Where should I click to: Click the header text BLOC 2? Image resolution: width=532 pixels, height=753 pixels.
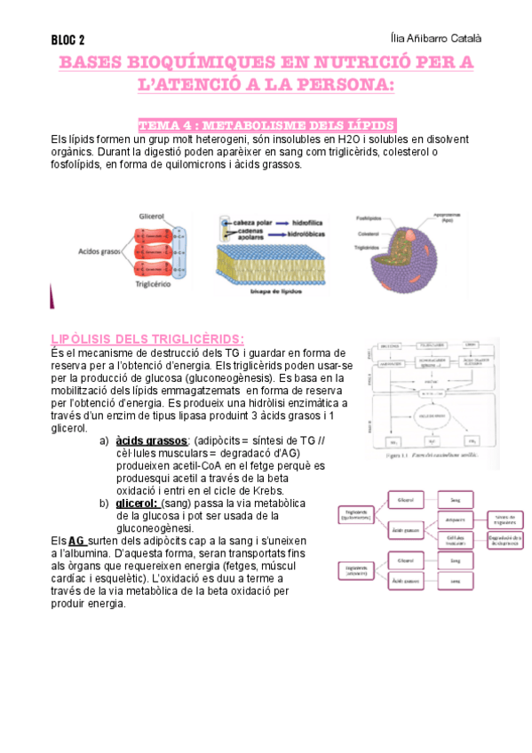tap(68, 40)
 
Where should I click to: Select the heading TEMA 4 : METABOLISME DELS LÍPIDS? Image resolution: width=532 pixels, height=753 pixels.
tap(266, 125)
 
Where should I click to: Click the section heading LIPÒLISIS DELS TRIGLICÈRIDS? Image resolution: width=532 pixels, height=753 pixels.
tap(147, 339)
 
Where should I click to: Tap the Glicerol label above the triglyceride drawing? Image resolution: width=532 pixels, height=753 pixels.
tap(153, 216)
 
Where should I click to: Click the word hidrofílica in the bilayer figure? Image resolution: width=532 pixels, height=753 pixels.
tap(313, 221)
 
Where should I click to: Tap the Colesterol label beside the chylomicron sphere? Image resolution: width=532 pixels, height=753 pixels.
tap(368, 234)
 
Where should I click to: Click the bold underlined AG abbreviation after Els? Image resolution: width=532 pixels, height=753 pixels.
tap(77, 540)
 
